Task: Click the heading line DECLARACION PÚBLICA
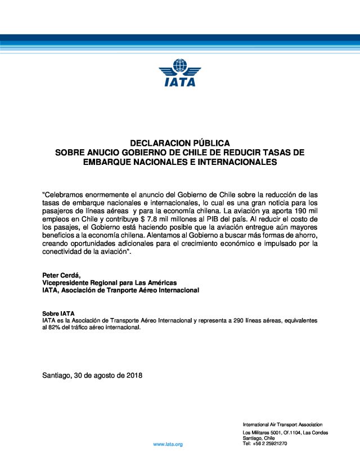[x=179, y=143]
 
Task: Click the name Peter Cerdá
[x=61, y=275]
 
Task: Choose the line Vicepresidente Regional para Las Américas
[x=110, y=282]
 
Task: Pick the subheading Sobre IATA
[x=58, y=313]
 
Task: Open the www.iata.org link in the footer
[x=168, y=445]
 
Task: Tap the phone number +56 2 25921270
[x=269, y=443]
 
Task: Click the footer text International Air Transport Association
[x=282, y=424]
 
